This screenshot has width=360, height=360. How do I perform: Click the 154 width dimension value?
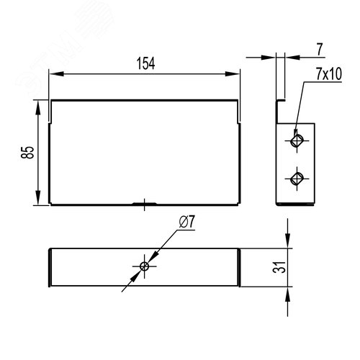click(x=145, y=63)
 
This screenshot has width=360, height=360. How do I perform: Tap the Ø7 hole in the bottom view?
click(x=145, y=266)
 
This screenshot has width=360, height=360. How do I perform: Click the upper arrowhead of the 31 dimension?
click(x=289, y=244)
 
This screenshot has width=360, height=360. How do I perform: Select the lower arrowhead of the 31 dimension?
click(x=289, y=289)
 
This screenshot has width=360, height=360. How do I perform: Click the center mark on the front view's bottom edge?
click(x=145, y=204)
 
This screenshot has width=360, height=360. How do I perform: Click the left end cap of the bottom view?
click(x=50, y=267)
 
